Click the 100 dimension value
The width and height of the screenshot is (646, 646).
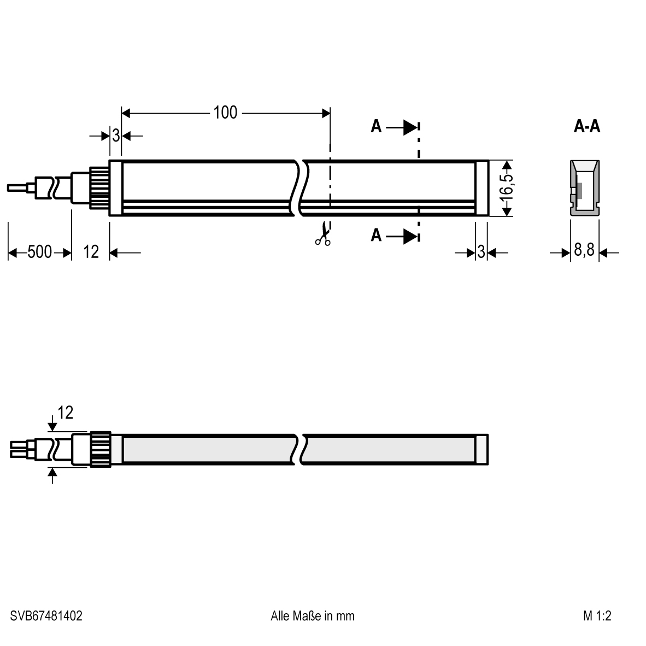coord(225,113)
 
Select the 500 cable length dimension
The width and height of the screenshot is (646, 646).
coord(39,252)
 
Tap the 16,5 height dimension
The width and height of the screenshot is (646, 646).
coord(508,188)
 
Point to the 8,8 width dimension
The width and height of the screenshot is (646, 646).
coord(584,250)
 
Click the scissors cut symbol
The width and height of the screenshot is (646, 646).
coord(323,233)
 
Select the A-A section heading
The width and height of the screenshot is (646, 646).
coord(586,126)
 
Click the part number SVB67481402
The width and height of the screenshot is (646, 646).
coord(46,616)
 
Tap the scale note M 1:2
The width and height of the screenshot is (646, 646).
coord(597,616)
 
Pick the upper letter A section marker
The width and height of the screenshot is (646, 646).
coord(376,126)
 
